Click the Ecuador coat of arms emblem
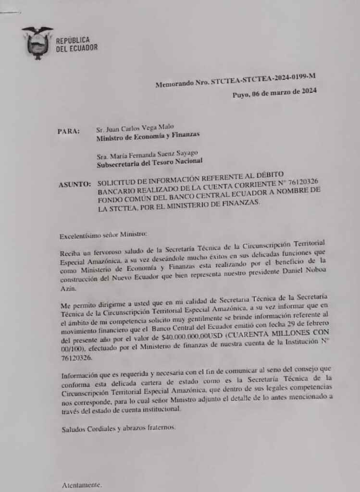(37, 43)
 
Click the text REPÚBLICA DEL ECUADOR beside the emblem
(77, 44)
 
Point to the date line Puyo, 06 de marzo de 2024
(274, 93)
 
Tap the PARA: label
(68, 131)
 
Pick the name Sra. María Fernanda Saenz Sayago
(147, 155)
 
